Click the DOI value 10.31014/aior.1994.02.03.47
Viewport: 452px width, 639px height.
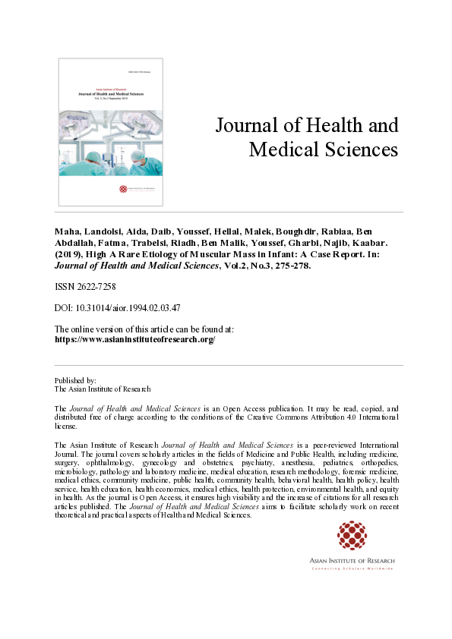(127, 308)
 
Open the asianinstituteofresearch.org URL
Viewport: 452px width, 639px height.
(135, 340)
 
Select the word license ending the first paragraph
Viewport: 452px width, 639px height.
(68, 426)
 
